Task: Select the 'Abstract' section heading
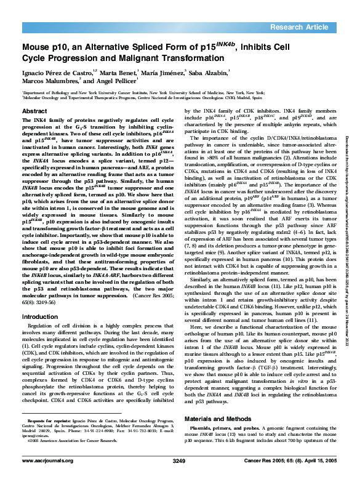34,111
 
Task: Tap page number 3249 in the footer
179,460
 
